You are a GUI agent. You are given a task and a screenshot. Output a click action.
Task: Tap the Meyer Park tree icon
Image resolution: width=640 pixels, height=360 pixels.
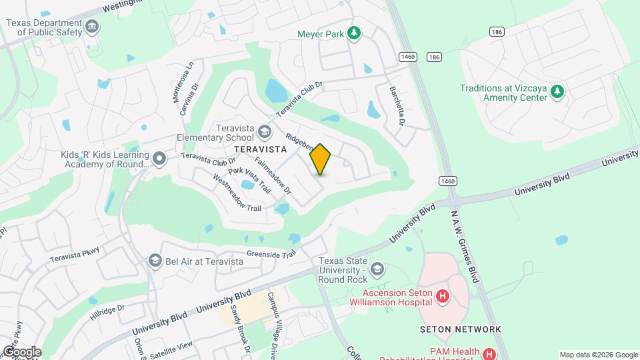[355, 33]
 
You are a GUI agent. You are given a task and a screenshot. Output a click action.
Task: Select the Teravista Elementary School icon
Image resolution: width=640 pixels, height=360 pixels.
[265, 131]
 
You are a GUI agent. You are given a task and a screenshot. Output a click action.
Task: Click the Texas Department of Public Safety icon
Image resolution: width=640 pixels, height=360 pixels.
[92, 27]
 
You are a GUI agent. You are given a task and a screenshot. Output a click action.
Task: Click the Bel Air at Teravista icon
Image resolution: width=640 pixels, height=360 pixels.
[155, 261]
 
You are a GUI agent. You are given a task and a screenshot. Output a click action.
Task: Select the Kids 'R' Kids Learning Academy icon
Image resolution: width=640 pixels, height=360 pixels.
[159, 159]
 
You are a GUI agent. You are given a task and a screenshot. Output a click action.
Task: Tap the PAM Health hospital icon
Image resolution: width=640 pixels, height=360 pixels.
[489, 354]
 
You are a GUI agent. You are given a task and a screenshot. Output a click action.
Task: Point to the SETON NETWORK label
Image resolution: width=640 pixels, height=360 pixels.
[460, 329]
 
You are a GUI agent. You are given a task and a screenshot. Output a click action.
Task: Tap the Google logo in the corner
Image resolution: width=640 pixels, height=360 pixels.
[21, 351]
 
